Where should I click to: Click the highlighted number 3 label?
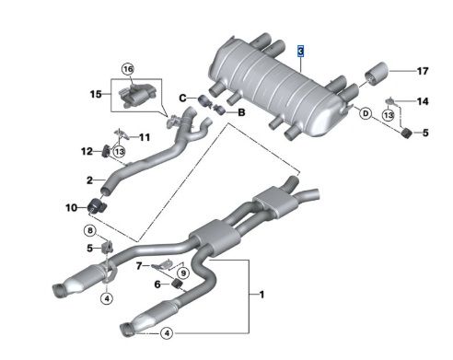300,52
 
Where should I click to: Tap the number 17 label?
423,71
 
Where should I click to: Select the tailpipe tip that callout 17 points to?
377,74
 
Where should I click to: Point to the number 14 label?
423,101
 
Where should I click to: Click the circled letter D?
366,114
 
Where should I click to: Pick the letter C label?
182,99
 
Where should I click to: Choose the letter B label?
241,112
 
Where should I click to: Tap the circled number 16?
128,69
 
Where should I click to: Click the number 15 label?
96,94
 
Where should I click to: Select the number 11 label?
145,137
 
